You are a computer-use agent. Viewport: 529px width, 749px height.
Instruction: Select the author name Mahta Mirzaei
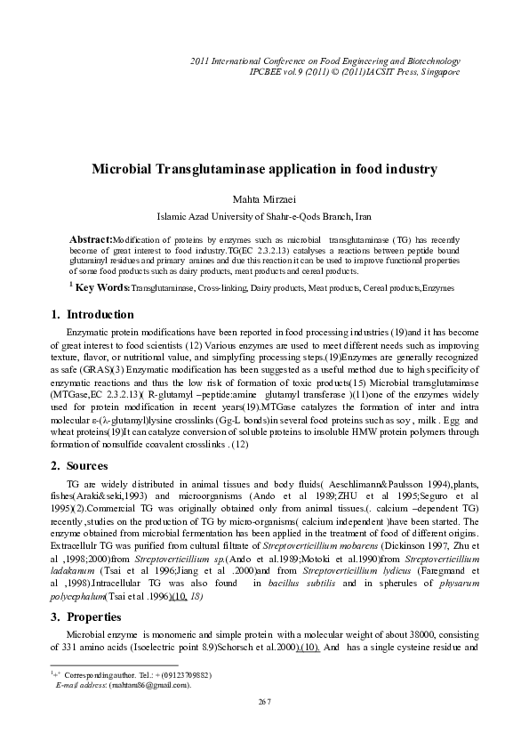pos(264,199)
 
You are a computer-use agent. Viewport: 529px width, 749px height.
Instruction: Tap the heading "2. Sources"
pos(80,465)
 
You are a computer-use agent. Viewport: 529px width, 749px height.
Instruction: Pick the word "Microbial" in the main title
pos(139,168)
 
